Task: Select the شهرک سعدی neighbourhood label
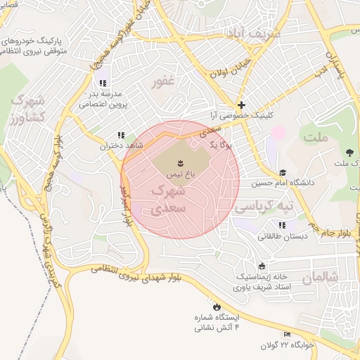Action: point(169,200)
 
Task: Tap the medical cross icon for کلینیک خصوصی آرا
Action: point(241,104)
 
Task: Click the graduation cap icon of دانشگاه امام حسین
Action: point(283,173)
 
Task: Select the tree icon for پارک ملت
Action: point(349,153)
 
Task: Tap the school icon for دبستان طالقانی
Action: point(282,225)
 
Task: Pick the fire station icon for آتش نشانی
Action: point(216,307)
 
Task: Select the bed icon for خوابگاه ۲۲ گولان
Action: point(287,333)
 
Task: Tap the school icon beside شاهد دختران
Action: point(121,134)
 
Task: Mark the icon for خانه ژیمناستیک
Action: point(262,266)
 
